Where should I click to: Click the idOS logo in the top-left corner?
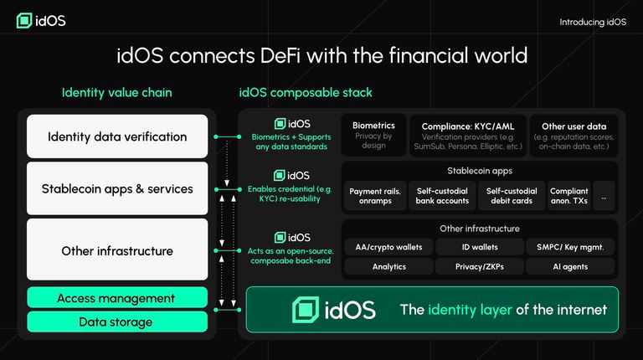tap(39, 21)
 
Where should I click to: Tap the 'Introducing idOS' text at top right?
tap(592, 22)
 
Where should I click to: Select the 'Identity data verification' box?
tap(117, 136)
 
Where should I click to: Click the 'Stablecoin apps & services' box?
tap(117, 189)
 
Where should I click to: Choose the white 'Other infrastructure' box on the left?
tap(117, 250)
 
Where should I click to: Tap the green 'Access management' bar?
tap(117, 298)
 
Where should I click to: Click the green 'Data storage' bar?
tap(117, 321)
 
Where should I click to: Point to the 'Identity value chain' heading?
tap(116, 92)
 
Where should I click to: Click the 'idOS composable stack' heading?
tap(306, 92)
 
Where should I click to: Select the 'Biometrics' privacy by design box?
tap(373, 135)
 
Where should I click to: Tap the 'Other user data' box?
tap(577, 135)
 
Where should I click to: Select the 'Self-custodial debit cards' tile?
tap(512, 196)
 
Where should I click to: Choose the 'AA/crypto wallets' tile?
tap(388, 247)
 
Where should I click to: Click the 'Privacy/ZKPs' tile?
tap(480, 267)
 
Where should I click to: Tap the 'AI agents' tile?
tap(569, 267)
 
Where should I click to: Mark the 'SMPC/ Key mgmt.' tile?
tap(569, 247)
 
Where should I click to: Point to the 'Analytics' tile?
tap(388, 267)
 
